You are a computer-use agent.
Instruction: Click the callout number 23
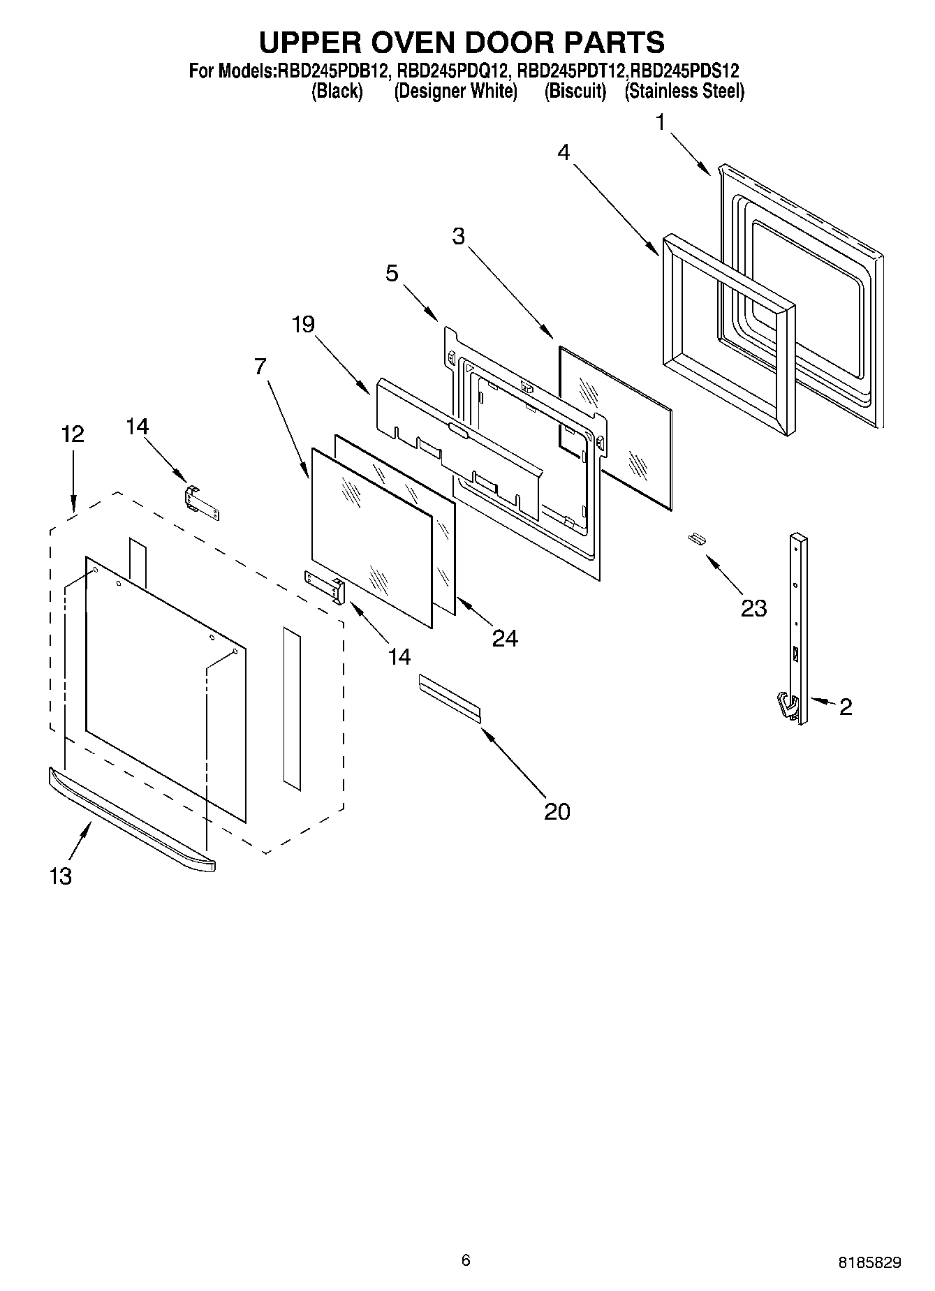point(753,608)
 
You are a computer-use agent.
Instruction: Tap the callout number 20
point(557,811)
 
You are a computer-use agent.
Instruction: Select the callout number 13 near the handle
point(61,876)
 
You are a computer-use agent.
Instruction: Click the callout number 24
point(505,638)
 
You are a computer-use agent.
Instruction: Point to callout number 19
point(303,324)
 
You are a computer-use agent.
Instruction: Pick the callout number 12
point(72,434)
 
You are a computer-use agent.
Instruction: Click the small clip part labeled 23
point(695,537)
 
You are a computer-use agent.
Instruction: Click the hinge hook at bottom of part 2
point(788,706)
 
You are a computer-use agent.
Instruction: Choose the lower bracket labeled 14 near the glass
point(325,585)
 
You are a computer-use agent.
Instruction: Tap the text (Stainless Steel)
point(684,91)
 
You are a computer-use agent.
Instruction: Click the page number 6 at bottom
point(466,1260)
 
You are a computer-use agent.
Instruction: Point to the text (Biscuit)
point(575,91)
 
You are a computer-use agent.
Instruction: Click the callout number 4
point(564,152)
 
